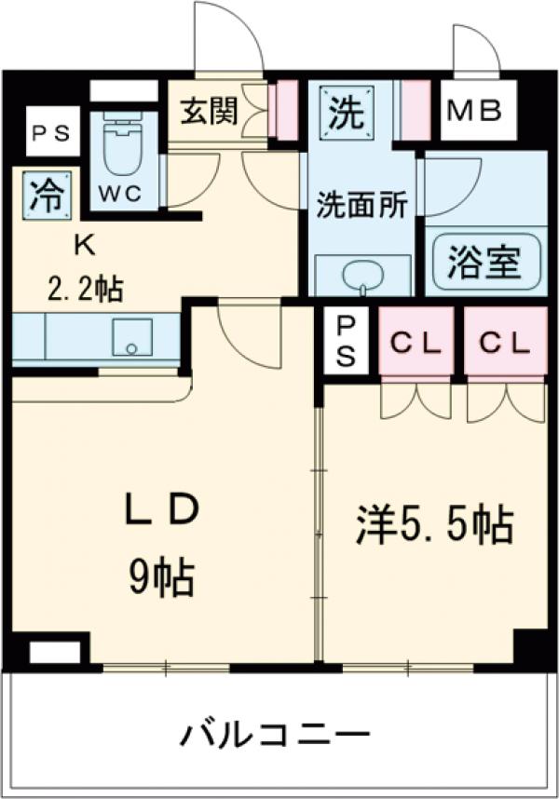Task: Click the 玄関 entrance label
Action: point(210,111)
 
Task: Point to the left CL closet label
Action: point(415,344)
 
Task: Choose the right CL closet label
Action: point(504,344)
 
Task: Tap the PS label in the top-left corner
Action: point(46,135)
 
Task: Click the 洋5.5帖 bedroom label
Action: point(433,525)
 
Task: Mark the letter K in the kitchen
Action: point(84,245)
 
